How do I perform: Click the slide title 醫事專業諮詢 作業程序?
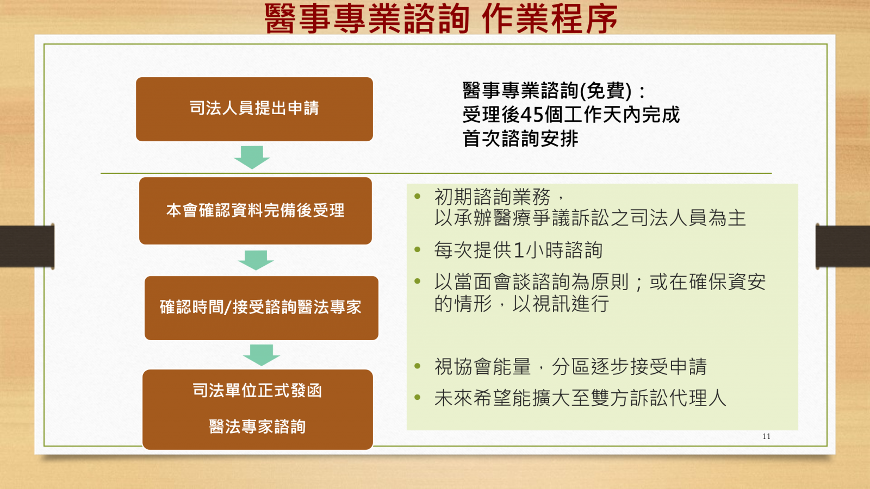point(441,18)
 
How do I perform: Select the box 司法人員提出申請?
point(254,109)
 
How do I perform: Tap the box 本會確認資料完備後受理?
point(256,211)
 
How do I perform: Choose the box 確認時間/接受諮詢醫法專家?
point(262,308)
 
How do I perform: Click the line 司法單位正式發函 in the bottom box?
point(257,391)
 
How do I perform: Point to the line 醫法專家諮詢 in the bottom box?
point(257,427)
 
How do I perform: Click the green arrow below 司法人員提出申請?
point(252,158)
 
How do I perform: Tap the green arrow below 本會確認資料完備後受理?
point(256,260)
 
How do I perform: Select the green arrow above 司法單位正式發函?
point(262,355)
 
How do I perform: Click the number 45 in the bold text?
point(532,115)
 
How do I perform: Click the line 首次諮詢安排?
point(520,139)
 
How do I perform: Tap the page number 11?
point(766,436)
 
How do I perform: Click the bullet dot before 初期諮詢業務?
point(418,196)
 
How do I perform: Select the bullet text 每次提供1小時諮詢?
point(518,250)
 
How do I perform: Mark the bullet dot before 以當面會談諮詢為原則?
point(418,281)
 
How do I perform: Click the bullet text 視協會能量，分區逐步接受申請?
point(570,366)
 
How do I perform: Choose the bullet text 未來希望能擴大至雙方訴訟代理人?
point(580,398)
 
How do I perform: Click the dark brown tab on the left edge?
point(27,246)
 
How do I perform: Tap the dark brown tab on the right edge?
point(843,246)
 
